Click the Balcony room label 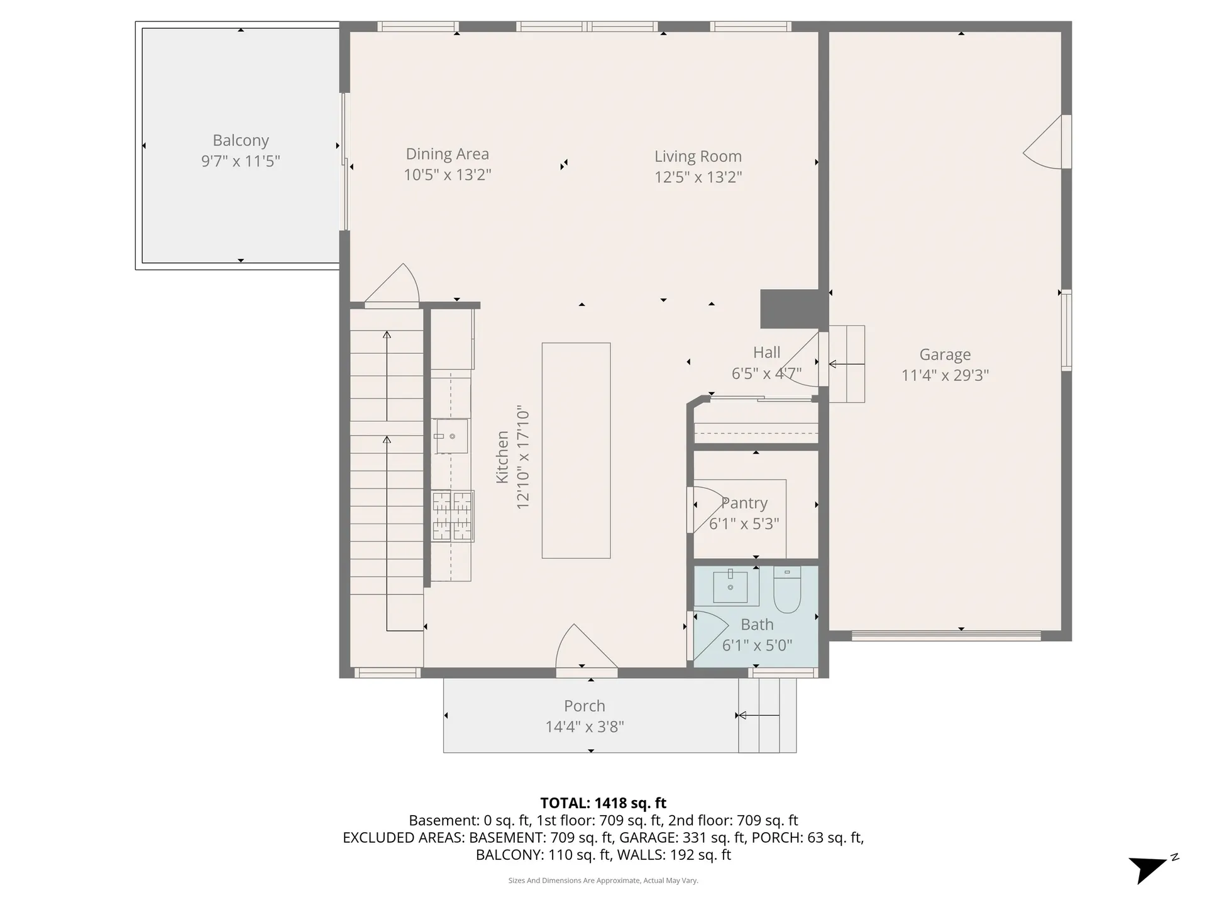pos(241,140)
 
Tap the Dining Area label pos(447,154)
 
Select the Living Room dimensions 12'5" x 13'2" pos(698,177)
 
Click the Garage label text pos(945,355)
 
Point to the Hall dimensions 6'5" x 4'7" pos(766,374)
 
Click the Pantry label pos(744,503)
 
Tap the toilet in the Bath pos(786,590)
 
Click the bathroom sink pos(730,586)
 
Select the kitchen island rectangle pos(576,450)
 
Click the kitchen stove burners pos(452,516)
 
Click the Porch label pos(584,706)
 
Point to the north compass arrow pos(1147,870)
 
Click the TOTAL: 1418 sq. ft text pos(603,803)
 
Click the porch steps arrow pos(758,715)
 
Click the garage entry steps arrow pos(846,364)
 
